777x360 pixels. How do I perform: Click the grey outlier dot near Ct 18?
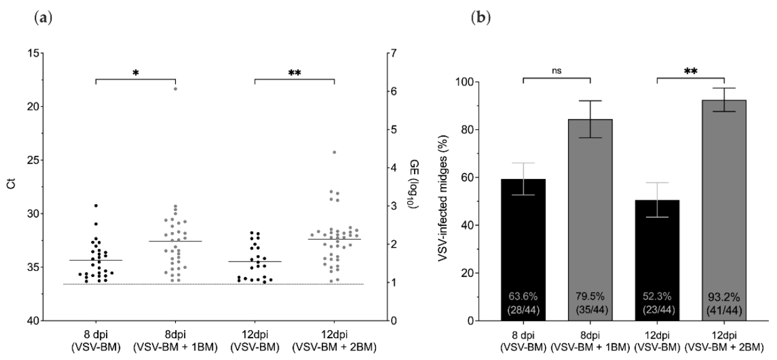point(176,89)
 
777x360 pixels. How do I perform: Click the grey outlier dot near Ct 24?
point(334,152)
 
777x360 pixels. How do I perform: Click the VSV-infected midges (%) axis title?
point(445,201)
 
